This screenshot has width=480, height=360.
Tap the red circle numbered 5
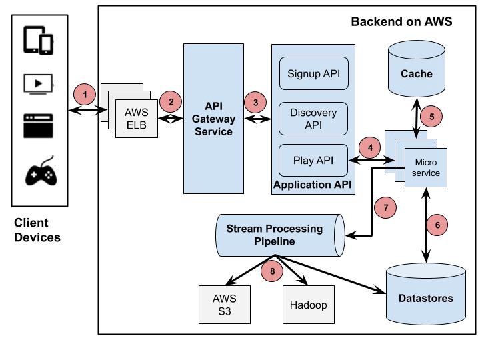[431, 116]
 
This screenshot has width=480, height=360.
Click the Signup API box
[313, 73]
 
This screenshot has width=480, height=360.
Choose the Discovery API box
[313, 118]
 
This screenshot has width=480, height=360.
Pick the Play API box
[313, 161]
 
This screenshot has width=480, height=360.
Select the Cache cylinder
[417, 71]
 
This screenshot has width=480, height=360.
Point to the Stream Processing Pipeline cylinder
[279, 235]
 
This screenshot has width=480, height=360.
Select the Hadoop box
[308, 304]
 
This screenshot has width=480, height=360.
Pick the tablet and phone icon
[38, 40]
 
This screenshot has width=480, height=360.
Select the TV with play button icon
[38, 83]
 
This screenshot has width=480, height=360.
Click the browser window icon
[38, 126]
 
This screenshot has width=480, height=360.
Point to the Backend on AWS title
[401, 22]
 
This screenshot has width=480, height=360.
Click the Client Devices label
[37, 230]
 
